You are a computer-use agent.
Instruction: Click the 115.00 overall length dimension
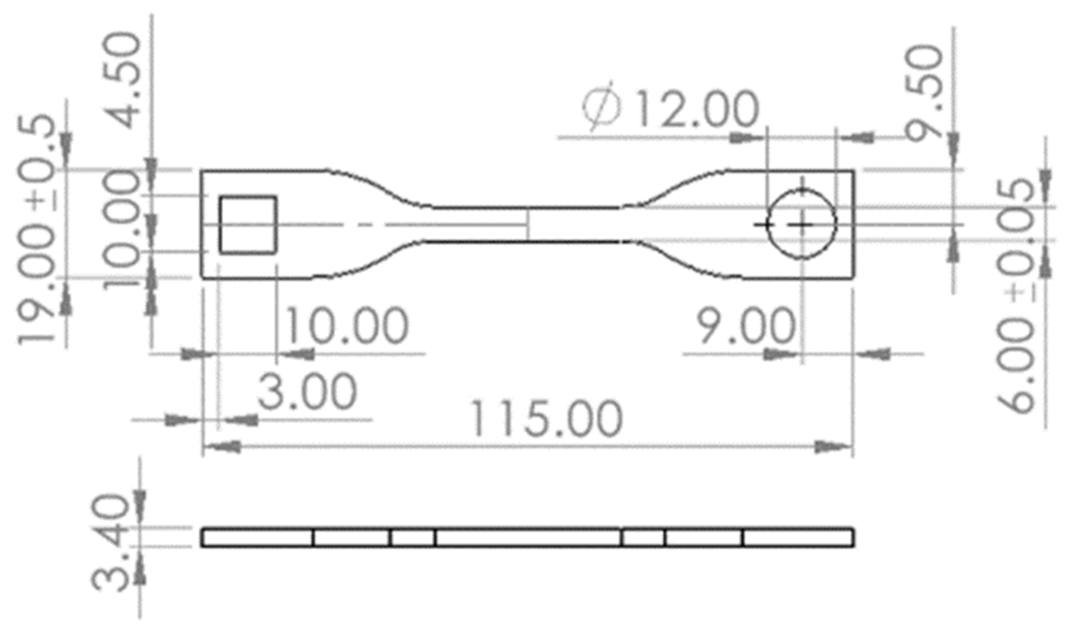point(546,419)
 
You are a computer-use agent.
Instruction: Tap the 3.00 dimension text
point(307,391)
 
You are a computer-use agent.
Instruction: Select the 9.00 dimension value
point(745,326)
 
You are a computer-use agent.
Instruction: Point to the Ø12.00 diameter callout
point(671,108)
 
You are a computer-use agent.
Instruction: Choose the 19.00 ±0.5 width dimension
point(37,229)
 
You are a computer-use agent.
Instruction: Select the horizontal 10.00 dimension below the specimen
point(347,326)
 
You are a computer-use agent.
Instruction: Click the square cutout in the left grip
point(248,225)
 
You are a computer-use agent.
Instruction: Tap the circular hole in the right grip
point(802,225)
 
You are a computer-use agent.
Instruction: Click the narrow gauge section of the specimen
point(528,225)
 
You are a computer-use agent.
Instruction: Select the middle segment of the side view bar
point(528,538)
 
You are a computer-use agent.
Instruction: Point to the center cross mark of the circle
point(802,225)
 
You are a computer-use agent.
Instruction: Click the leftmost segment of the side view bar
point(257,538)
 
